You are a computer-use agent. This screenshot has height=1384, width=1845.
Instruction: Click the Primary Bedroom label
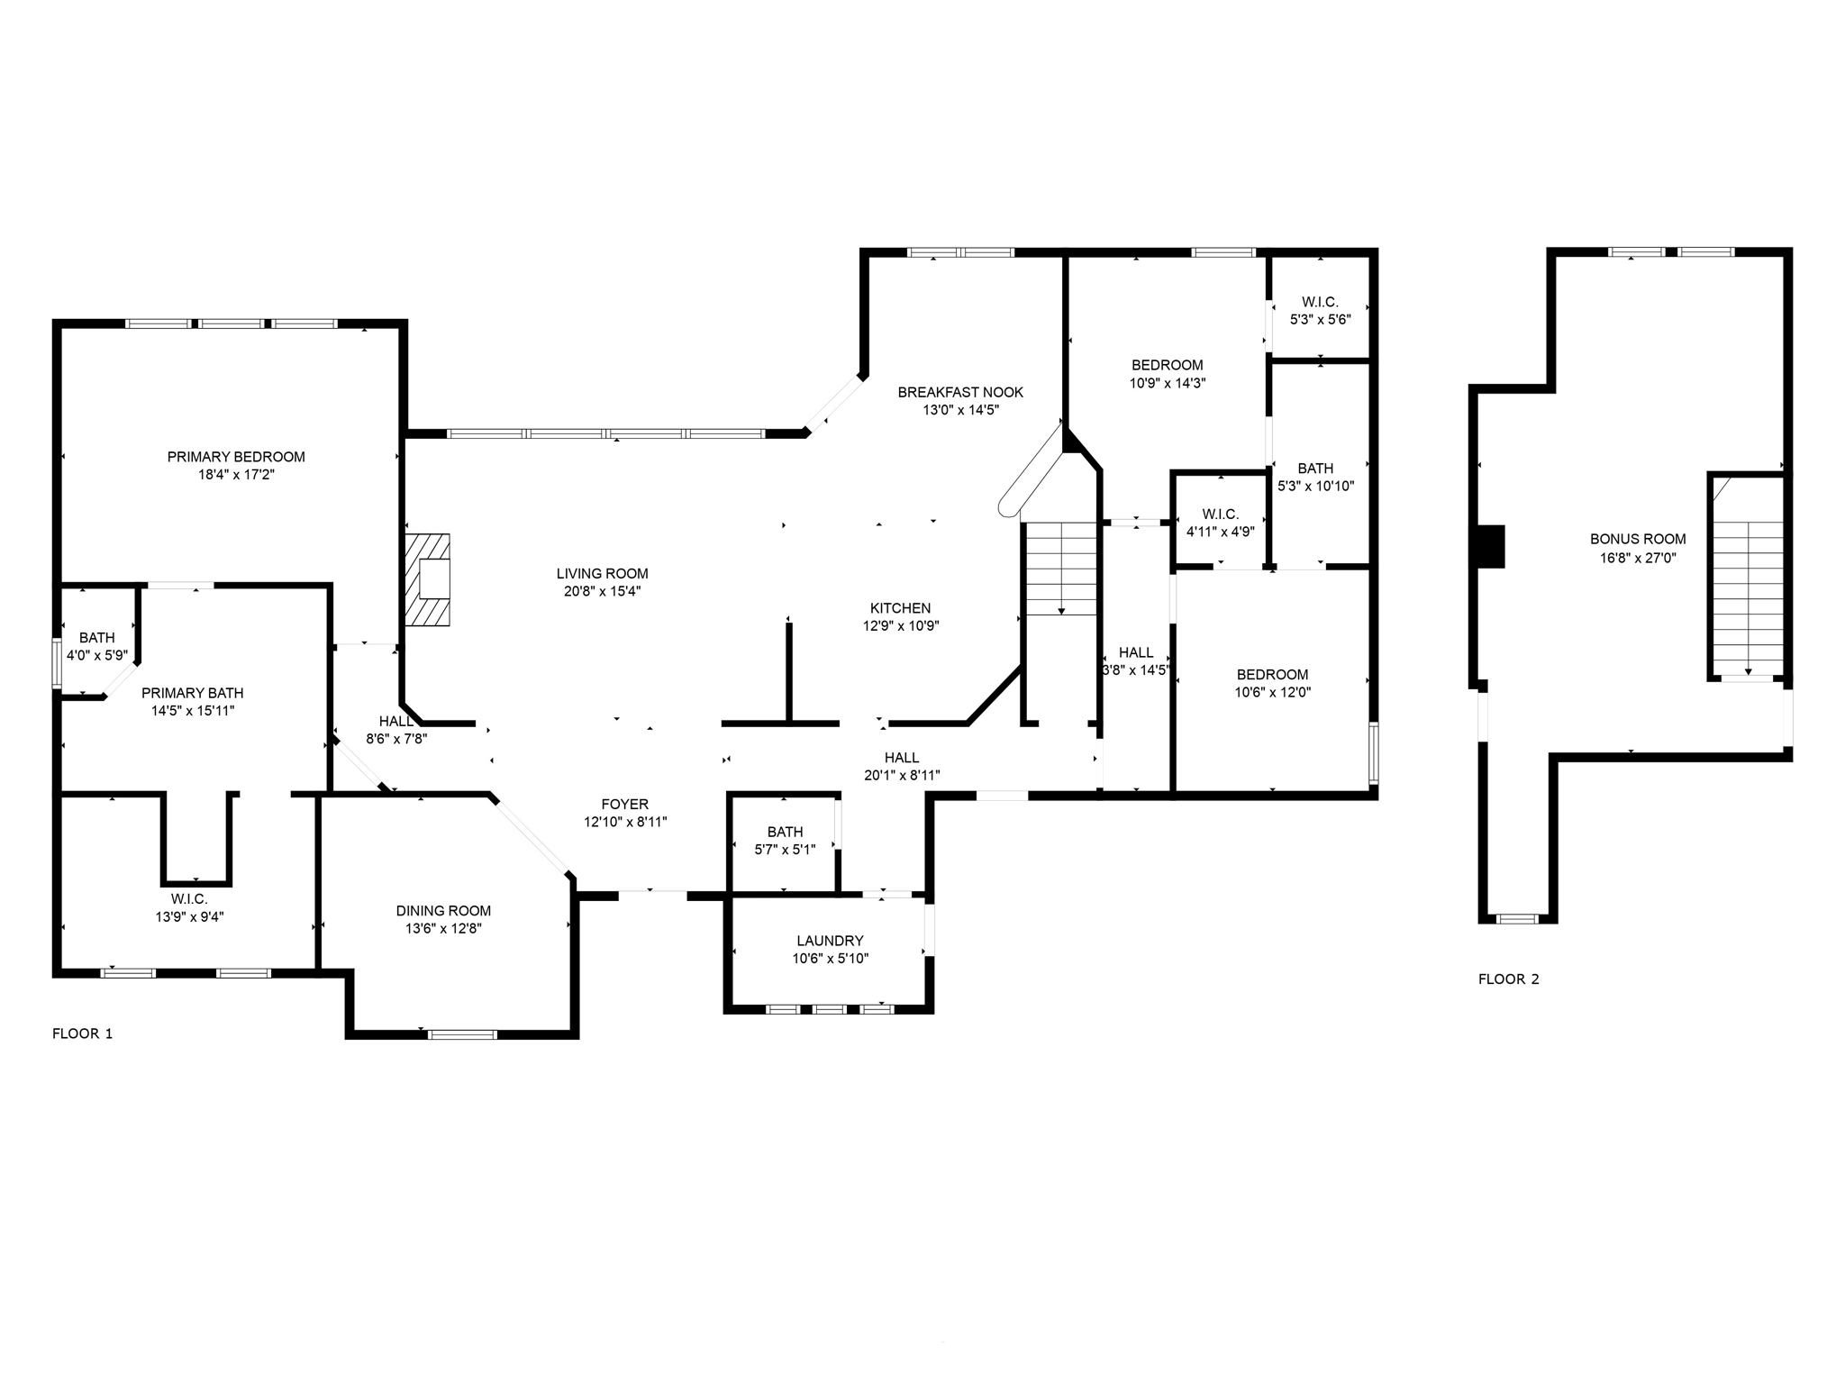click(x=236, y=457)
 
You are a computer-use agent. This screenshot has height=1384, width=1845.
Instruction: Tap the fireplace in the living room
click(x=428, y=579)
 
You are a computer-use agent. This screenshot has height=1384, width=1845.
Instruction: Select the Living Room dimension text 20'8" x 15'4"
click(x=602, y=592)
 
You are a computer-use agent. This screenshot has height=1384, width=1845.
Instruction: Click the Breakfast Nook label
click(x=960, y=392)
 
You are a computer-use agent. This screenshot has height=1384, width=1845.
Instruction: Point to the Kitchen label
click(x=900, y=608)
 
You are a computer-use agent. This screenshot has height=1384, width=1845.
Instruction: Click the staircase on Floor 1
click(x=1061, y=569)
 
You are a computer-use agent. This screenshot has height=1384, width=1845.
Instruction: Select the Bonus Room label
click(x=1638, y=539)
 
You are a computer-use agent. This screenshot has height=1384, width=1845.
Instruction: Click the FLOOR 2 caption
click(x=1509, y=979)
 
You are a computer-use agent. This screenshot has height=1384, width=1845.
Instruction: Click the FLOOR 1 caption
click(x=83, y=1033)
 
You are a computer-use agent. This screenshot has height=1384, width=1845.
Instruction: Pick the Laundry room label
click(x=830, y=941)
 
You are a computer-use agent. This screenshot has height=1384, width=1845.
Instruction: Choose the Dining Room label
click(x=443, y=911)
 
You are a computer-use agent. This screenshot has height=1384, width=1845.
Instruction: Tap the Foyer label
click(x=624, y=805)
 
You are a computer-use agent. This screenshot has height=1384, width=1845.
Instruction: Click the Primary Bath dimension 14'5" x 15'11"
click(x=193, y=711)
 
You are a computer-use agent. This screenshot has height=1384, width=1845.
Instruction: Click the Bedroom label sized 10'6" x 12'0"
click(x=1272, y=675)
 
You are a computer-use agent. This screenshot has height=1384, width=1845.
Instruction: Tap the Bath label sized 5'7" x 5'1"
click(x=785, y=832)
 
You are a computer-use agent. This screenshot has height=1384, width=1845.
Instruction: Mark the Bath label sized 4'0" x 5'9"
click(x=97, y=638)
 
